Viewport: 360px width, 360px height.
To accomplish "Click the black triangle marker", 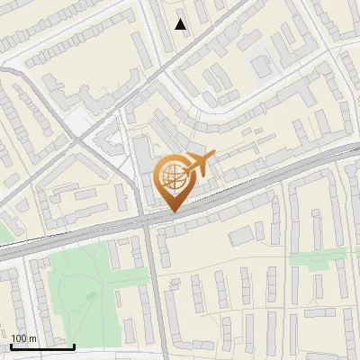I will coord(181,24).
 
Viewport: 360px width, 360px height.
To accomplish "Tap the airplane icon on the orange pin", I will coord(199,164).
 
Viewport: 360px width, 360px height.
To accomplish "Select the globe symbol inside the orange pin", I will coord(172,176).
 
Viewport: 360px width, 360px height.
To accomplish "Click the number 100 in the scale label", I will coord(19,338).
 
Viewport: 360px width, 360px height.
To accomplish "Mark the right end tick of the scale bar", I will coord(75,346).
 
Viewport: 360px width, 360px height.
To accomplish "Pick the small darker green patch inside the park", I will coord(89,295).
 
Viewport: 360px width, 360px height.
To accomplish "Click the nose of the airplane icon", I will coord(214,158).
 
